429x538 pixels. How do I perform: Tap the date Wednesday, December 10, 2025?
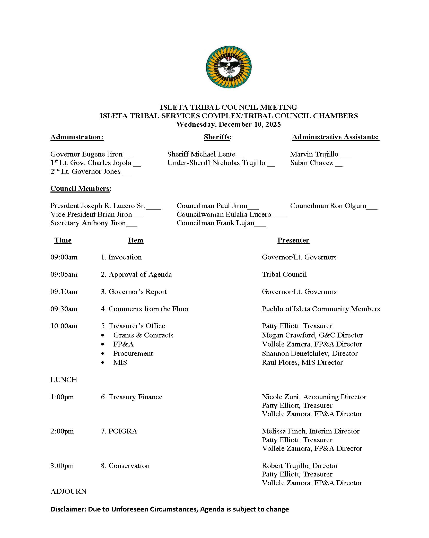click(229, 124)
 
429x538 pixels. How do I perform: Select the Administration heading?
click(77, 137)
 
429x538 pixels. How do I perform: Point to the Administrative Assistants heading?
click(335, 137)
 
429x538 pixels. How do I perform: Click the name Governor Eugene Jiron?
click(86, 154)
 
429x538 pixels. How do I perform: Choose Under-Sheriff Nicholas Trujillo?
click(216, 163)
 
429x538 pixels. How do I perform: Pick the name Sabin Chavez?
click(311, 163)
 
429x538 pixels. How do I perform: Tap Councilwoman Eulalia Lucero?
click(224, 214)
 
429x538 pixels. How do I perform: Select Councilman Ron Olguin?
click(328, 206)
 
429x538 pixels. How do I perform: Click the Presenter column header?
click(293, 240)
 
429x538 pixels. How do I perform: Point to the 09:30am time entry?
click(64, 309)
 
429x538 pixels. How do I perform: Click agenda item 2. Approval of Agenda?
click(136, 274)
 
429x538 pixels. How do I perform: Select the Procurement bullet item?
click(133, 353)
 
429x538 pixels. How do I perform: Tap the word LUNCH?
click(64, 380)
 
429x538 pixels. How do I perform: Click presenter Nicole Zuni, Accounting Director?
click(314, 397)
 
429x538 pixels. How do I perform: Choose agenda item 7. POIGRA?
click(119, 431)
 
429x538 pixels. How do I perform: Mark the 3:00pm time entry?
click(62, 466)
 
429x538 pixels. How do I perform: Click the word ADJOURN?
click(68, 491)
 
